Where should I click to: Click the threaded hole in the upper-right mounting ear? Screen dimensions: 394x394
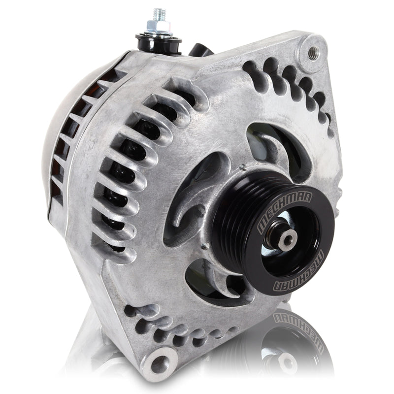pyautogui.click(x=311, y=51)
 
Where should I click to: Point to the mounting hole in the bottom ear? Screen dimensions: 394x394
pyautogui.click(x=160, y=364)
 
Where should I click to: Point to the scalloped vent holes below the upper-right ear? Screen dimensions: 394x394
pyautogui.click(x=291, y=86)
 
